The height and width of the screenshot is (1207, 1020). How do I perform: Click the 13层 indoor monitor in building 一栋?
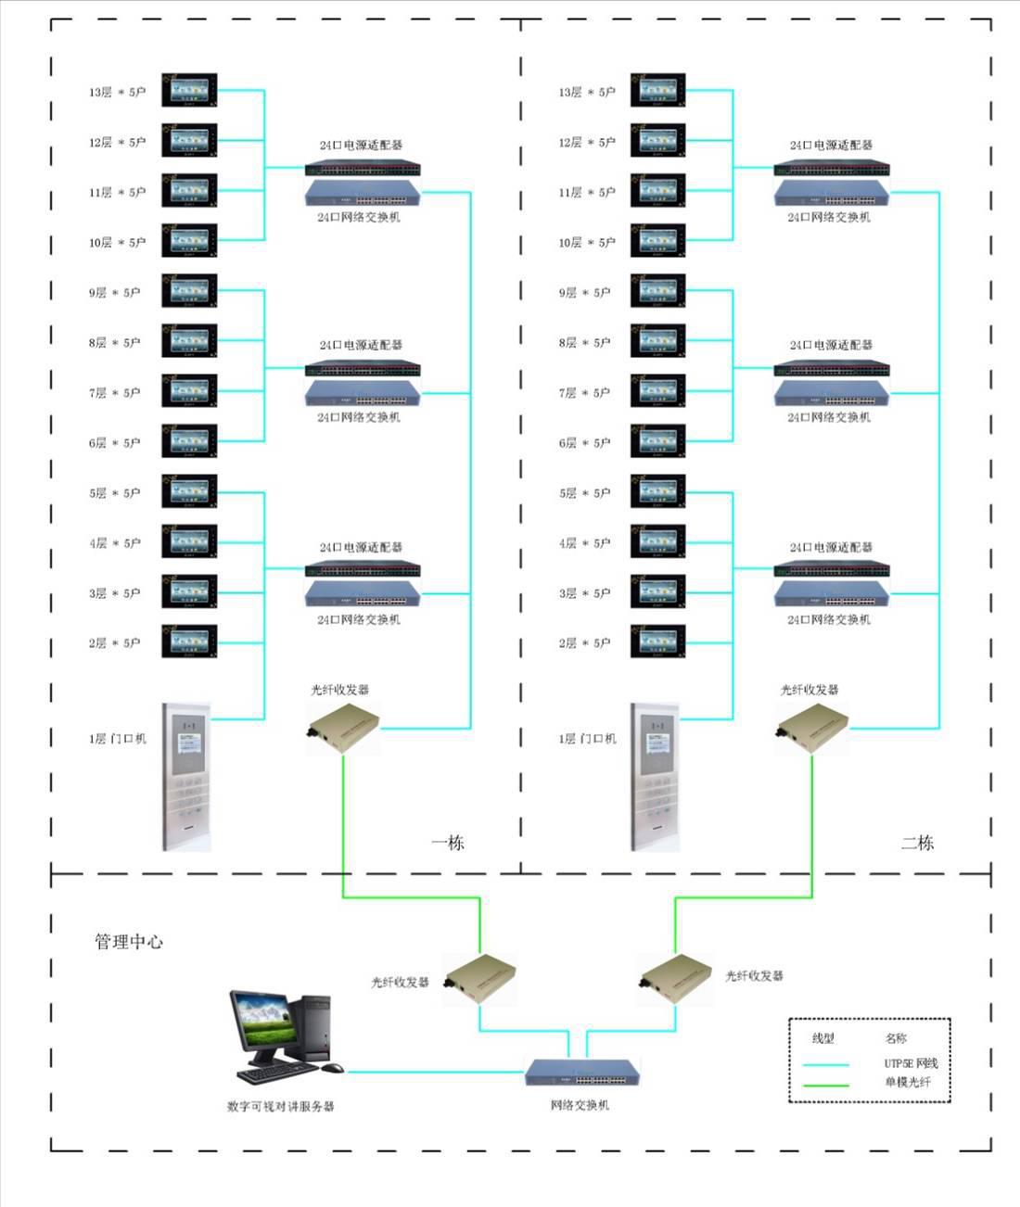coord(189,90)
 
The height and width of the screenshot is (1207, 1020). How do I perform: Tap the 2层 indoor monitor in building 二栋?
coord(658,641)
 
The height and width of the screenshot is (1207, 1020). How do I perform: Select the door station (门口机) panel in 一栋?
coord(186,776)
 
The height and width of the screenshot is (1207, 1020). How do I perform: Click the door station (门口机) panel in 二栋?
coord(656,776)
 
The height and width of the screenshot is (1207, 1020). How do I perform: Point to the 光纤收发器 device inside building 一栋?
coord(343,727)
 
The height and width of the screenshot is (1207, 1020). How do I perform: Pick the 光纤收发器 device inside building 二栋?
coord(812,727)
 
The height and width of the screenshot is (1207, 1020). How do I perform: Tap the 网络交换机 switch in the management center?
coord(582,1073)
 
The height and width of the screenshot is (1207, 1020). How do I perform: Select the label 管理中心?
coord(129,942)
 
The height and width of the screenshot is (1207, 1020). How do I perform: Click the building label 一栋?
coord(448,843)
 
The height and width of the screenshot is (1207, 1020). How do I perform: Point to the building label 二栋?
coord(918,843)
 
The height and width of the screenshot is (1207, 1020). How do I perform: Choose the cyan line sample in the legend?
coord(825,1064)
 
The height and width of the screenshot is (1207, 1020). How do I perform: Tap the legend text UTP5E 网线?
coord(911,1063)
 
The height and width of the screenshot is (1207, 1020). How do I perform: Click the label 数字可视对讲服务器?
coord(280,1106)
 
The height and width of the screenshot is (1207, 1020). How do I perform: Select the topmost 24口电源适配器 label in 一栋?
coord(361,145)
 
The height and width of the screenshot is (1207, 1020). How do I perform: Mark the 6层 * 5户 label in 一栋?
coord(115,443)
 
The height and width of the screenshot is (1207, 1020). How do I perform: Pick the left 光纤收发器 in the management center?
coord(479,981)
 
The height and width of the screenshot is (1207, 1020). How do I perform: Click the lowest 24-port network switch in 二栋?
coord(832,593)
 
